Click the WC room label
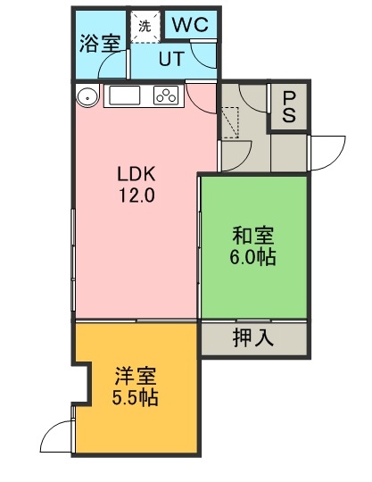[190, 24]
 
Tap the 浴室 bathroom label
[100, 44]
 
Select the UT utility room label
[171, 59]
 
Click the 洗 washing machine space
[145, 26]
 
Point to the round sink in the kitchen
[87, 96]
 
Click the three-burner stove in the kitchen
[167, 95]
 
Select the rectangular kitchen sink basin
[122, 95]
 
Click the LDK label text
[136, 174]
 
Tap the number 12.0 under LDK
[136, 195]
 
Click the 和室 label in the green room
[253, 236]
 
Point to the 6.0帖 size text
[252, 257]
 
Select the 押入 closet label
[253, 337]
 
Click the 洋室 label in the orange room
[136, 376]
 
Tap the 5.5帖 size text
[135, 397]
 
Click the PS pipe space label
[289, 107]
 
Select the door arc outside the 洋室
[49, 430]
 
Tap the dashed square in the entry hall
[230, 122]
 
